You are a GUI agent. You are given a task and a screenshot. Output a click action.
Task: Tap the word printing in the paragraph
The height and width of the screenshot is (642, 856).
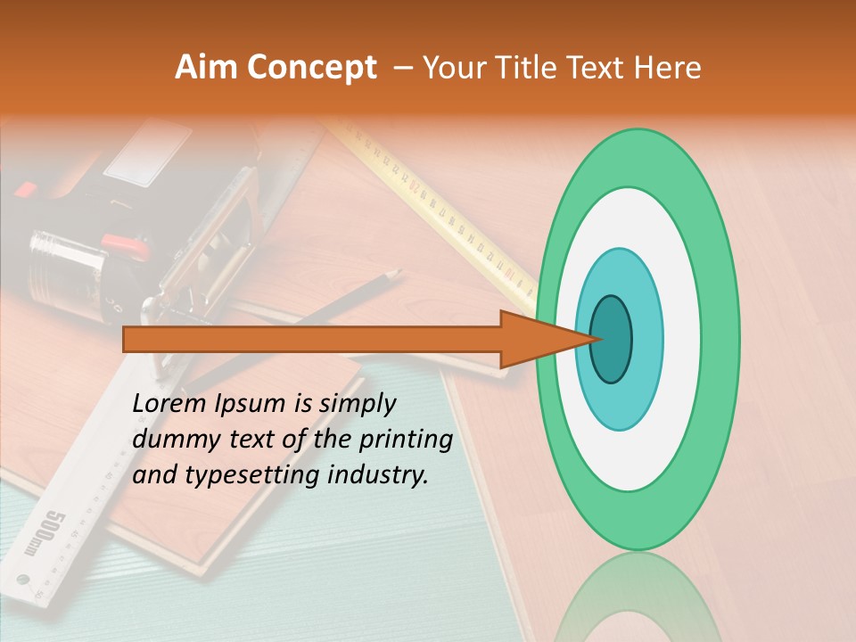405,440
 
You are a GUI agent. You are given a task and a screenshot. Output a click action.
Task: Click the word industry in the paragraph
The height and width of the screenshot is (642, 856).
378,476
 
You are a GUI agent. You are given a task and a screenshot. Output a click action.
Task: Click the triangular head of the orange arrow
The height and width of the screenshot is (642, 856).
535,340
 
